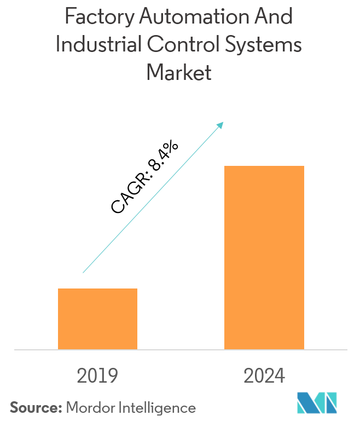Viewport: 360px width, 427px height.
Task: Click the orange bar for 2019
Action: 97,319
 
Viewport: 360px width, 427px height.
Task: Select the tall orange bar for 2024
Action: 264,257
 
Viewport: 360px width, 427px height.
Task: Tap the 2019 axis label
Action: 97,376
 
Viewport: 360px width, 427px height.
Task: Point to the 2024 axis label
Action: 264,376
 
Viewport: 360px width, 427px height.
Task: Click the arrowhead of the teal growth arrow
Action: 221,124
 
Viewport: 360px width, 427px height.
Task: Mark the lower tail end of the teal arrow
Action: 83,272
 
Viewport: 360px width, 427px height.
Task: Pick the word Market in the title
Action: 179,72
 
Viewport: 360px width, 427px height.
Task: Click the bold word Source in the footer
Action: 35,407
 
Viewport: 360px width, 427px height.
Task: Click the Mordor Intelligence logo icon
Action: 317,403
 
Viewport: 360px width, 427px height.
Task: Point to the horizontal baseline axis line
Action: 180,349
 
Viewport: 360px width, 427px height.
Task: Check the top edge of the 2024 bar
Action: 264,166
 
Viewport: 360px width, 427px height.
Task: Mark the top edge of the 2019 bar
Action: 97,289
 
